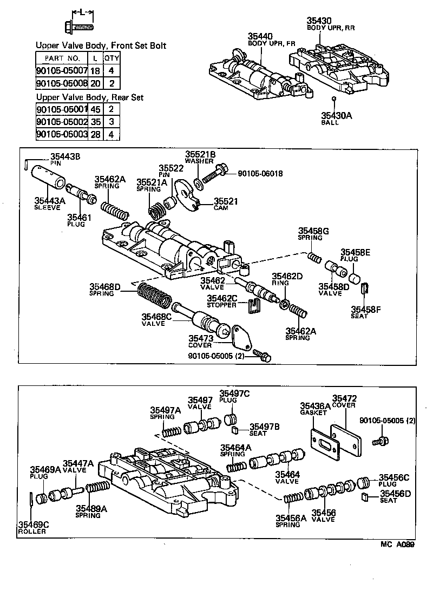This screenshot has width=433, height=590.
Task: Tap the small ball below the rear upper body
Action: pyautogui.click(x=334, y=99)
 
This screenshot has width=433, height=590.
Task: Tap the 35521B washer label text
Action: pyautogui.click(x=200, y=154)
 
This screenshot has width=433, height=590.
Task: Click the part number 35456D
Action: pyautogui.click(x=395, y=493)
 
